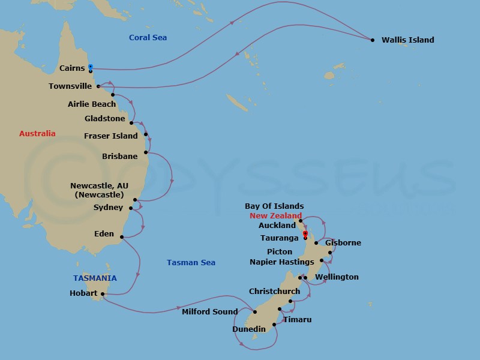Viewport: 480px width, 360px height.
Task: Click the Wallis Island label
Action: pos(407,40)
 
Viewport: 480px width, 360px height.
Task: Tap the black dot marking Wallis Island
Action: pos(373,40)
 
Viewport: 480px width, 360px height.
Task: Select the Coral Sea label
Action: pos(148,38)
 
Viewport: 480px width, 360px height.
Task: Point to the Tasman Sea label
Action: pos(191,263)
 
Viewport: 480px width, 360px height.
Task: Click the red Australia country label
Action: pos(37,134)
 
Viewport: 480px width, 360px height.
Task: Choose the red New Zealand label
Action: pos(275,216)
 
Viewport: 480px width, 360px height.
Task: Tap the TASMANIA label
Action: pos(95,278)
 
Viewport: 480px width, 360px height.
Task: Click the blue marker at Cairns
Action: pos(91,67)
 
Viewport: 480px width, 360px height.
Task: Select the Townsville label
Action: pos(70,86)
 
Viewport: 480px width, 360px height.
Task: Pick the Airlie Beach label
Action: pos(92,104)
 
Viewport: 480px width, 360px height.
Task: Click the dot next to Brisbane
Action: pos(146,152)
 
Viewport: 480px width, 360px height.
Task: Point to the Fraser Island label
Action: pos(111,136)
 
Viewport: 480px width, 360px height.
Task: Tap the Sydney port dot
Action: pos(130,208)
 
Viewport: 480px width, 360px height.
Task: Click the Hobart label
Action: pos(83,294)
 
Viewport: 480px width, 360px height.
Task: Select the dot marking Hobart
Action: pos(103,294)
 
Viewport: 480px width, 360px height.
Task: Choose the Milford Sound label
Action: pos(210,312)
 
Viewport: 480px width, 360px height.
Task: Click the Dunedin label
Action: pos(249,329)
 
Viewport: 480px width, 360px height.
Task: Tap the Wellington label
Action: pos(337,277)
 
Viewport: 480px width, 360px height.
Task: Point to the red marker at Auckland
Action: pos(305,233)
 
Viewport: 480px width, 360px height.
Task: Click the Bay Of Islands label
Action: pos(274,206)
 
